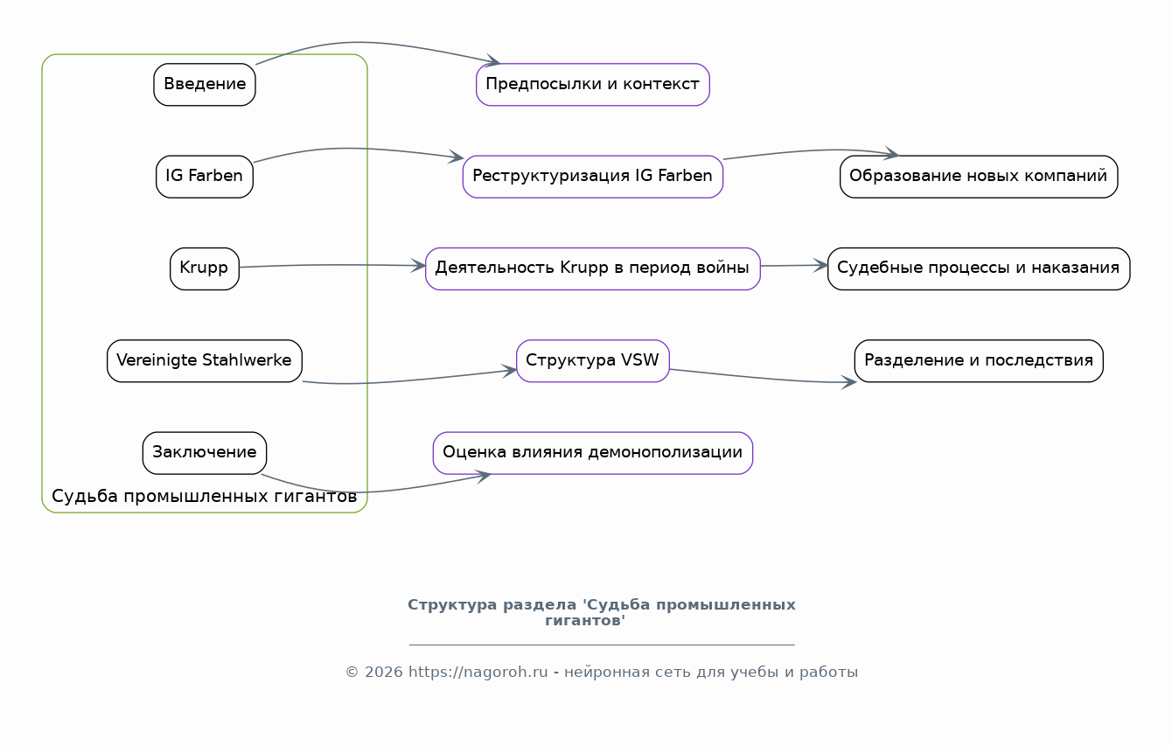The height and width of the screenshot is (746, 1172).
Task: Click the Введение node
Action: tap(205, 85)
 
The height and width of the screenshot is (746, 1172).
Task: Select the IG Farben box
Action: tap(205, 177)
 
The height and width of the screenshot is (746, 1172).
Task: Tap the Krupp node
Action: tap(205, 268)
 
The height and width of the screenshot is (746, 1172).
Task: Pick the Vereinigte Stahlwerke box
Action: tap(205, 361)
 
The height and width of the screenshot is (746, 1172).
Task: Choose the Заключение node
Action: tap(205, 453)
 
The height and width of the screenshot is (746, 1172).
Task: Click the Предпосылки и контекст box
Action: tap(593, 85)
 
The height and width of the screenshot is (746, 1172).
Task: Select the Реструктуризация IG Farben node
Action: tap(593, 177)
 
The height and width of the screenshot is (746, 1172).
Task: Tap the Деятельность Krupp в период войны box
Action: tap(593, 268)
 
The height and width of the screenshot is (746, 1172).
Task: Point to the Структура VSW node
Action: tap(593, 361)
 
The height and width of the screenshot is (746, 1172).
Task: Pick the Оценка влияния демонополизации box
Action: tap(593, 453)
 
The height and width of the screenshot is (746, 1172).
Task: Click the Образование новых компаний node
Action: tap(979, 177)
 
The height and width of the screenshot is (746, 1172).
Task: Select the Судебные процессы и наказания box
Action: tap(979, 268)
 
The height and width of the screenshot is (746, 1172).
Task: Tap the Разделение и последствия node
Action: tap(979, 361)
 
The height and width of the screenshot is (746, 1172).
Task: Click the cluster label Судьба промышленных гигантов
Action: tap(205, 496)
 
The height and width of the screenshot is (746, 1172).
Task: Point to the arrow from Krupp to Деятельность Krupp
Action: tap(332, 265)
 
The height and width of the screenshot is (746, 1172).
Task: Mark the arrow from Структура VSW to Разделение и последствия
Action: tap(763, 378)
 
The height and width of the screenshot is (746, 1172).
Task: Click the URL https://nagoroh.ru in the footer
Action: tap(478, 673)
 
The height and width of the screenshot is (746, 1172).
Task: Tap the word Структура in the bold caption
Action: tap(452, 605)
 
